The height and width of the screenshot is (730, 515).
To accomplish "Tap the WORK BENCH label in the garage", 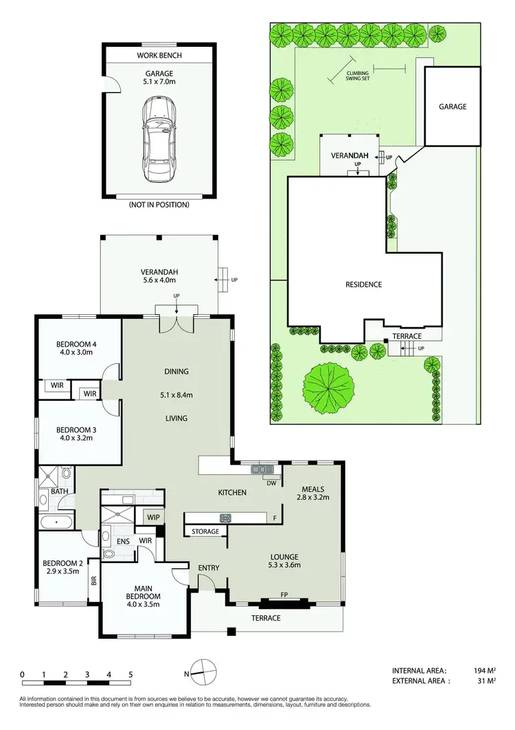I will point(159,55).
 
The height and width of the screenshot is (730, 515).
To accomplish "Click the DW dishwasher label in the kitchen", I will point(273,483).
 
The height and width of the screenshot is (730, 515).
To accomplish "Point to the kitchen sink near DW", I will point(262,469).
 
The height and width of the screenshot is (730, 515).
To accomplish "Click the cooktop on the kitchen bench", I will point(224,518).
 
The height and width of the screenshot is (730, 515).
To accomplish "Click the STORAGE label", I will point(205,531).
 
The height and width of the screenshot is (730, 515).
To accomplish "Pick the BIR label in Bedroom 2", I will point(93,581).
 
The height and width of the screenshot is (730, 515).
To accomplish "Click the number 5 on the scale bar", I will point(130,675).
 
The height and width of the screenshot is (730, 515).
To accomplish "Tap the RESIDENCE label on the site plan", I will point(363,284).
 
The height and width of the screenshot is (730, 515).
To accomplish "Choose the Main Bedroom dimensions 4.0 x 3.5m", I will point(143,605).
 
